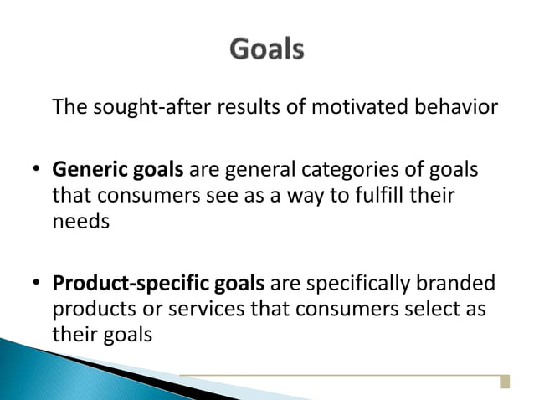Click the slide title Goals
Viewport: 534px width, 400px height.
pos(266,50)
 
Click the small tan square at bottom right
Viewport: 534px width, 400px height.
pos(504,382)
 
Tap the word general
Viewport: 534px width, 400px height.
pos(260,172)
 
